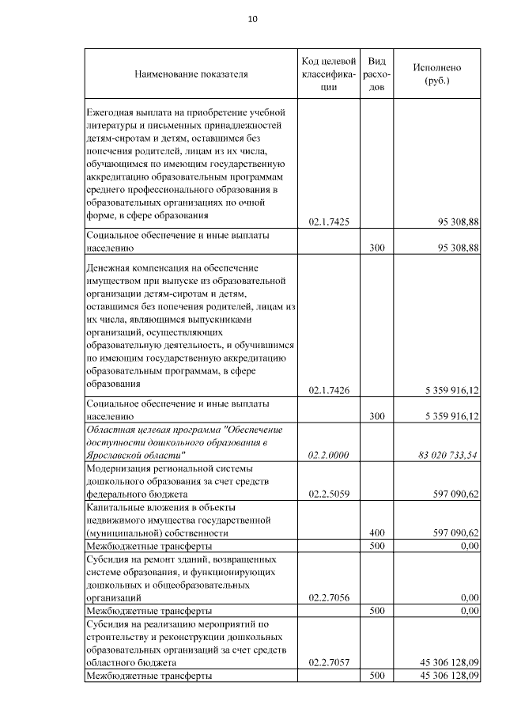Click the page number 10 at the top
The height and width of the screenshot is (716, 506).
click(252, 19)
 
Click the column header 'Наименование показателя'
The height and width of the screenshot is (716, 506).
click(191, 74)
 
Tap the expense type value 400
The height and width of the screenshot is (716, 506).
click(377, 533)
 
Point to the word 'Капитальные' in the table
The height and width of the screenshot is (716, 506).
click(116, 507)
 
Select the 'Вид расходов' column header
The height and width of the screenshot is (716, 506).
click(377, 74)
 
